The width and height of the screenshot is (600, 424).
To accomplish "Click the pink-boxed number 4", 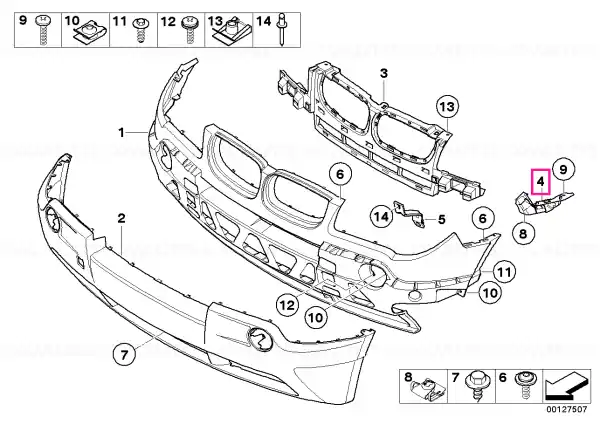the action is click(x=540, y=181).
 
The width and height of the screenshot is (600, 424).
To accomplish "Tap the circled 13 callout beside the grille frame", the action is click(x=447, y=106).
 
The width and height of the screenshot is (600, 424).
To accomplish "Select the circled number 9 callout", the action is click(x=563, y=169).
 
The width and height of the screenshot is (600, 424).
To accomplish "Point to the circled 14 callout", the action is click(x=382, y=217).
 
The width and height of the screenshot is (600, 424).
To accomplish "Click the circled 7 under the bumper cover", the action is click(x=124, y=355).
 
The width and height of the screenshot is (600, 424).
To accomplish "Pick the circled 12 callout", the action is click(x=287, y=305).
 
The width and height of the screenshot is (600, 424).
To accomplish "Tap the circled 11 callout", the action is click(x=503, y=272).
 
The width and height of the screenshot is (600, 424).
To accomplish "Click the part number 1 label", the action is click(x=121, y=133).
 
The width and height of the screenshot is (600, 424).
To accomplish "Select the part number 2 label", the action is click(x=121, y=219).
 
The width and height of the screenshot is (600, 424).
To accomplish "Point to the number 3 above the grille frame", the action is click(x=384, y=73).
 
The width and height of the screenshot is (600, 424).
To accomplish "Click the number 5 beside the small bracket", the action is click(x=442, y=220).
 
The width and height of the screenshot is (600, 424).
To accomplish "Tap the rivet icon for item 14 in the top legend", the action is click(x=282, y=30).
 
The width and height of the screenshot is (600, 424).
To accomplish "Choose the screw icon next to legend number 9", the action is click(x=43, y=30).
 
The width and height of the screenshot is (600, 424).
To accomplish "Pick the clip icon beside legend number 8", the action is click(x=428, y=389).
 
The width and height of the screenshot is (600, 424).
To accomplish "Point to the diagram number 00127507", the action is click(x=566, y=410).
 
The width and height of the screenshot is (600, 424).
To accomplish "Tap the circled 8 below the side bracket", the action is click(x=523, y=233).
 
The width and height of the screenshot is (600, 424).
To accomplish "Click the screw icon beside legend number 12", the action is click(x=189, y=29).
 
